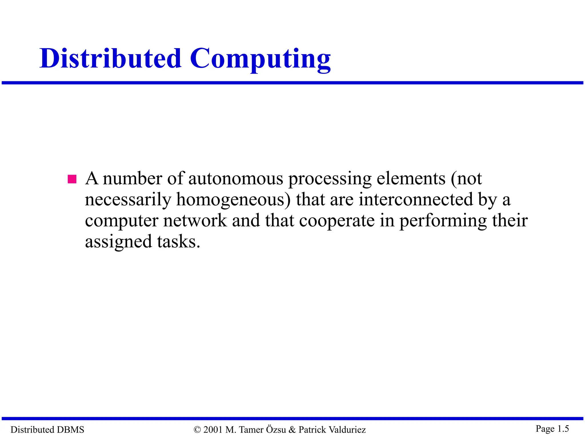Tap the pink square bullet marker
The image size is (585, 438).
coord(72,179)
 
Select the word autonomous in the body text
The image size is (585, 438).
coord(236,179)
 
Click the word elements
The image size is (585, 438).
coord(411,179)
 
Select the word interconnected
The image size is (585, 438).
coord(416,199)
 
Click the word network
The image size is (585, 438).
coord(195,221)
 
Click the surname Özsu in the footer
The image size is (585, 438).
coord(276,429)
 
